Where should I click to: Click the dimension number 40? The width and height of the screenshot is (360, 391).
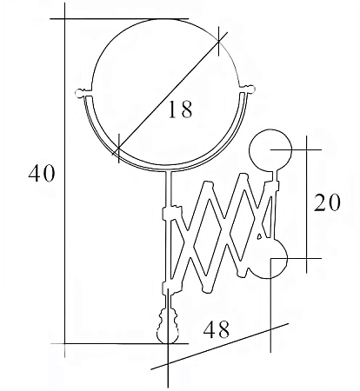click(x=42, y=173)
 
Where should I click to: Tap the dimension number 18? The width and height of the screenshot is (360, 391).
click(x=180, y=109)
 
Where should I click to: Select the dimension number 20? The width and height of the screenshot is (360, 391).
click(x=327, y=202)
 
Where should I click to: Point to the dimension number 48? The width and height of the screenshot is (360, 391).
click(x=217, y=329)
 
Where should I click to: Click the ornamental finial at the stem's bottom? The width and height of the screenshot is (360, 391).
click(x=168, y=327)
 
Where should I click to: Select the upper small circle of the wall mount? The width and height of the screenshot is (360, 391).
click(x=270, y=149)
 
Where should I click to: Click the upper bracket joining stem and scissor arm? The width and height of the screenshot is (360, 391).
click(x=172, y=213)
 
